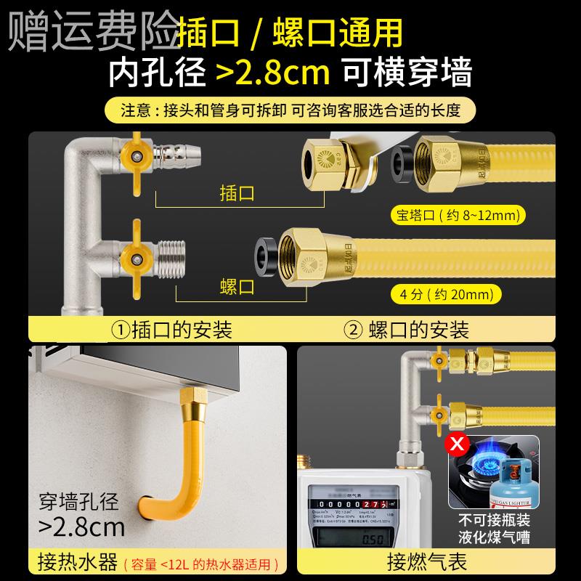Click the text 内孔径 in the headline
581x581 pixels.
(x=155, y=73)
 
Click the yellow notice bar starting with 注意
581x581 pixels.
(x=290, y=112)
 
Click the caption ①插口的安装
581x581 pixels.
(x=172, y=330)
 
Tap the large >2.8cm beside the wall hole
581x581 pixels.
(x=81, y=524)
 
